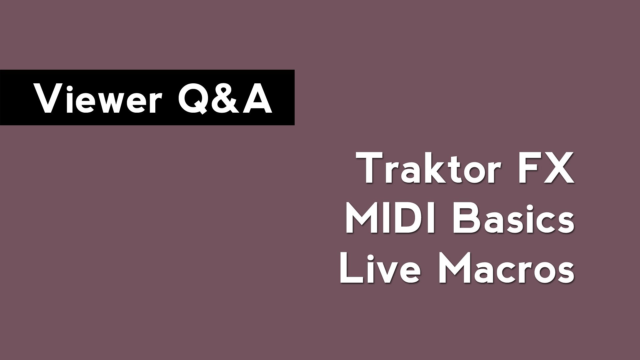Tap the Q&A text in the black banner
coord(225,98)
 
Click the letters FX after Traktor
coord(546,168)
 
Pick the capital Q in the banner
coord(192,98)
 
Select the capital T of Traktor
coord(370,168)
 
